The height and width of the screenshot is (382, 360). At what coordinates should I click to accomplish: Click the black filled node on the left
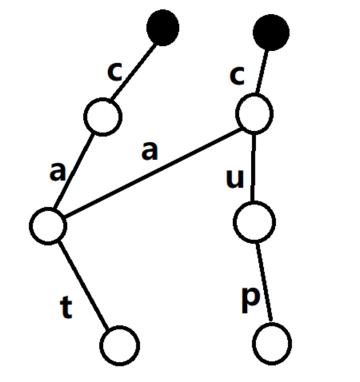pos(163,28)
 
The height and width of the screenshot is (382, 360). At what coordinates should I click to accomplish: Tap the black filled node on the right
pos(271,32)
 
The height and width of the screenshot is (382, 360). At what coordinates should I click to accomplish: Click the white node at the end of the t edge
pos(120,345)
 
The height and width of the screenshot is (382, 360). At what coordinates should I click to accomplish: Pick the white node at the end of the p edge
pos(272,343)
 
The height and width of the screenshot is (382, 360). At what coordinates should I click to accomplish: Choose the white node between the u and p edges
pos(254,222)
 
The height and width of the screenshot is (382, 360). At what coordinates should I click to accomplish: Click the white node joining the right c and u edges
pos(254,114)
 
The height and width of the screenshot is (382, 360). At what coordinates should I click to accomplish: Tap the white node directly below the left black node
pos(102,116)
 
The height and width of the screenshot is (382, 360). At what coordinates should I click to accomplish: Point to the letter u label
pos(235,179)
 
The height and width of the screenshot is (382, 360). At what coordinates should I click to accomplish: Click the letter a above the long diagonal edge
pos(149,151)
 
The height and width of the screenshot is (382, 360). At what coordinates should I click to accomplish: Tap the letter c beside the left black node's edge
pos(115,72)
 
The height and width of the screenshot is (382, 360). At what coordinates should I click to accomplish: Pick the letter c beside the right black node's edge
pos(237,77)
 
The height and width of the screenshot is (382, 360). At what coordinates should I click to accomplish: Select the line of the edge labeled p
pos(264,282)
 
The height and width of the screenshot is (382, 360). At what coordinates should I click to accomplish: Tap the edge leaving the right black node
pos(263,72)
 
